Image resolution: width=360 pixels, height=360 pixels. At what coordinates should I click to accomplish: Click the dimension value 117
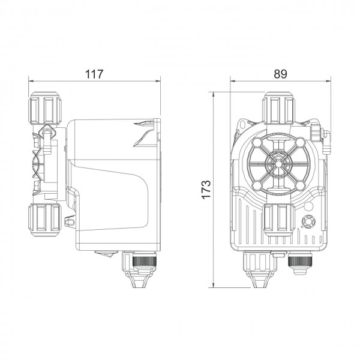tap(94, 74)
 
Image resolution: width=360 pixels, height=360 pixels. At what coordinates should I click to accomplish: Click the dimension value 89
tap(280, 74)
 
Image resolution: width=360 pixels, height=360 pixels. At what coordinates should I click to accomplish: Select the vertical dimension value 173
tap(206, 190)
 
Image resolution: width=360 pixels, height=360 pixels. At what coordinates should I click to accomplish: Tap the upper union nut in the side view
tap(45, 108)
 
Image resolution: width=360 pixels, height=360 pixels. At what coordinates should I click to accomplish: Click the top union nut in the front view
tap(278, 108)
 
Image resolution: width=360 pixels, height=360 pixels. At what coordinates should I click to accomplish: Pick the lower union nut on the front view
tap(280, 219)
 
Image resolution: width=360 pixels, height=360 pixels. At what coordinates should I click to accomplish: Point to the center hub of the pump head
tap(278, 164)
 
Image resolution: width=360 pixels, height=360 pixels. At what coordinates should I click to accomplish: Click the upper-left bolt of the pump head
tap(257, 143)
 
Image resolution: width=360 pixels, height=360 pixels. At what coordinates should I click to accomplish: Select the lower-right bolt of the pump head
tap(299, 185)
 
